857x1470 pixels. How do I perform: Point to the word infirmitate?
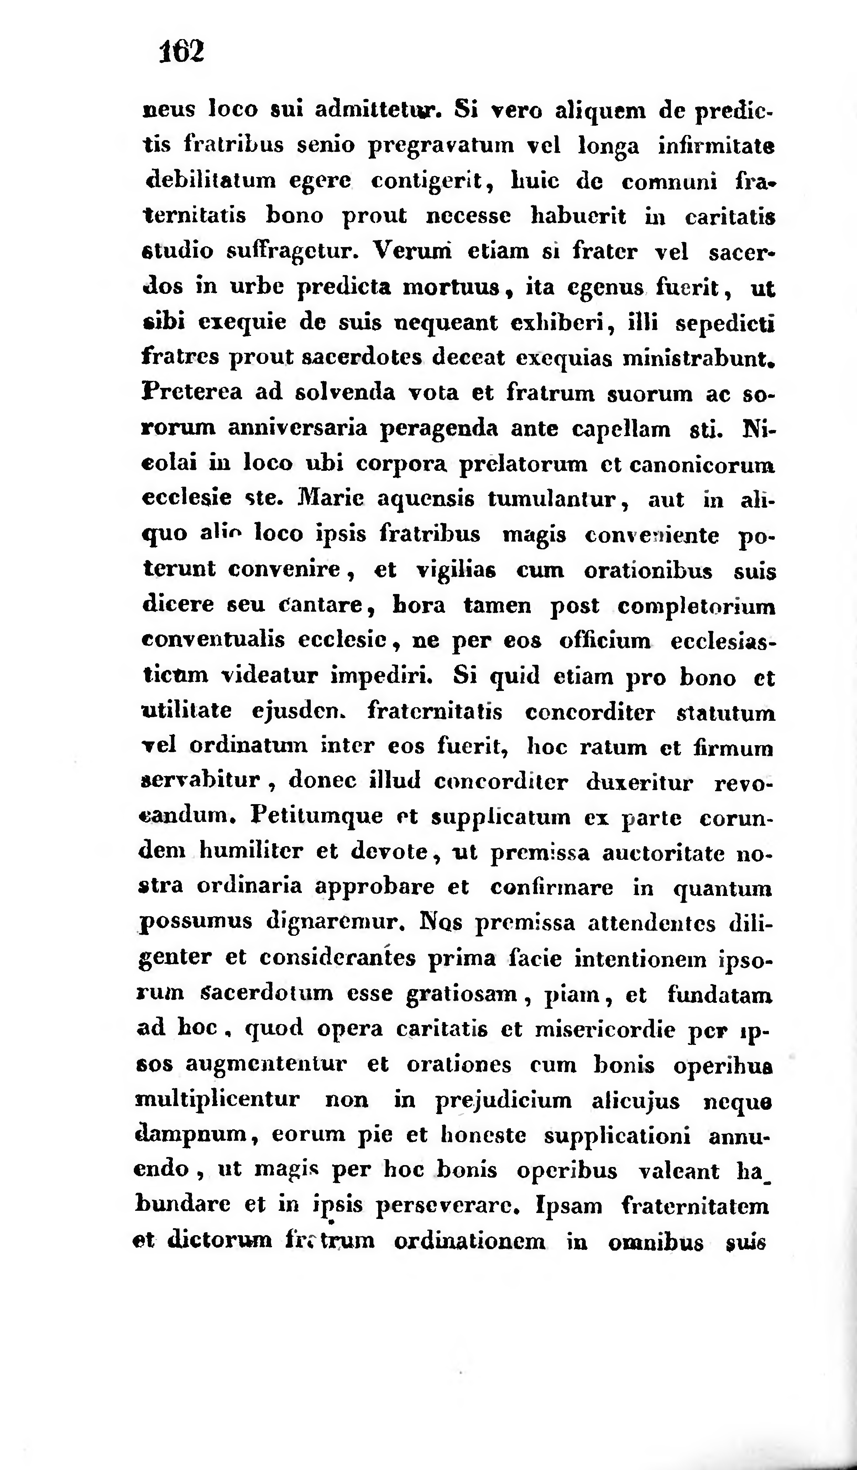pyautogui.click(x=716, y=145)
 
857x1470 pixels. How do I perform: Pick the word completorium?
pyautogui.click(x=696, y=607)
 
